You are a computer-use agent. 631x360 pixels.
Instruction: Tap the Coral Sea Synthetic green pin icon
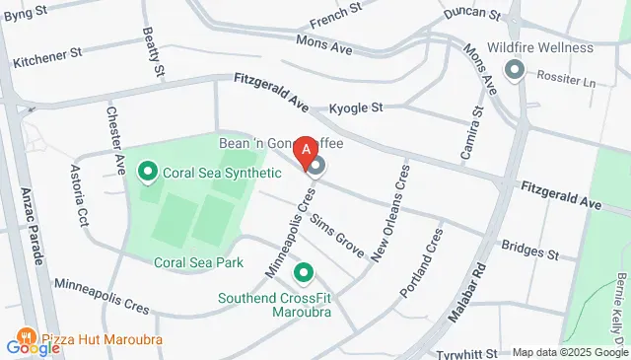[149, 174]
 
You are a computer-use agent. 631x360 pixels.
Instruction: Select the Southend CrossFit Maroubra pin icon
[304, 271]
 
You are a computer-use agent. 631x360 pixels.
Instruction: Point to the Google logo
[33, 346]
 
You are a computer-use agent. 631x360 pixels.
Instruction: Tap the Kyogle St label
[355, 107]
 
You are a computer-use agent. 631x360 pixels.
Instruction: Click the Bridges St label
[529, 253]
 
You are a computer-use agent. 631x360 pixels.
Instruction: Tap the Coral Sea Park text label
[198, 262]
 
